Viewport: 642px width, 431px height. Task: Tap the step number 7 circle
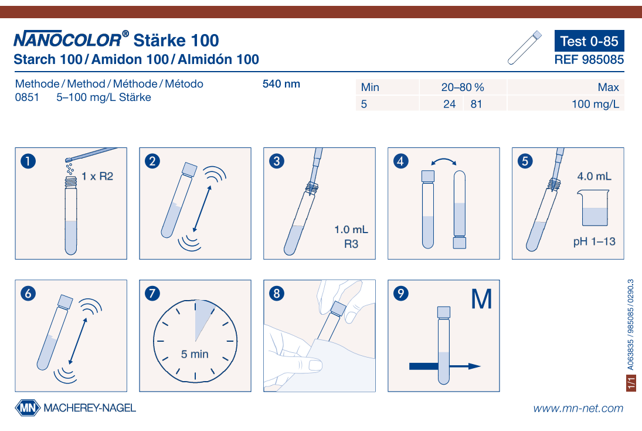click(x=151, y=294)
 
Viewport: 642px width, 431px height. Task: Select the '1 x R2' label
click(x=97, y=176)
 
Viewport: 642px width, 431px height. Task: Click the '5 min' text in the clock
click(x=195, y=354)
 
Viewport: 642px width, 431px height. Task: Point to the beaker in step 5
click(x=594, y=209)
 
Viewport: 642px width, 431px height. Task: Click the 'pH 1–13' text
click(x=595, y=241)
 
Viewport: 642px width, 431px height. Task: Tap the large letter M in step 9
click(x=481, y=299)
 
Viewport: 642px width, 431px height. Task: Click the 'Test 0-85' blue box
click(x=589, y=41)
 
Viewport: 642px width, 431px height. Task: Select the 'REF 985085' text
click(x=589, y=59)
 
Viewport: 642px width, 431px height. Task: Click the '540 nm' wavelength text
click(x=281, y=84)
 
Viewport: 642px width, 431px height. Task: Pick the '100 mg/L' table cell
click(x=595, y=105)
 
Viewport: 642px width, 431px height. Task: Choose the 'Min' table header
click(x=370, y=87)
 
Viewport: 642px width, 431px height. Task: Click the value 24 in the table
click(x=450, y=105)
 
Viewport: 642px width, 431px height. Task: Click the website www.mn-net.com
click(x=578, y=408)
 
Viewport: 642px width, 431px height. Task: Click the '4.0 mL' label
click(x=594, y=176)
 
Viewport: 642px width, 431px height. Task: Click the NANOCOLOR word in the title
click(x=67, y=41)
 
